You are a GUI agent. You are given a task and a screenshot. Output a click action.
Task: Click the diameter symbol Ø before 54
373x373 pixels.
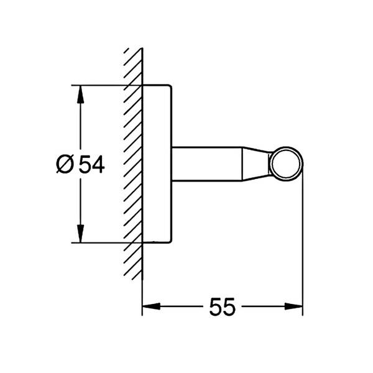point(65,164)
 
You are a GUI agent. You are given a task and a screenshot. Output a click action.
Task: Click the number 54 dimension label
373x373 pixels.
point(91,164)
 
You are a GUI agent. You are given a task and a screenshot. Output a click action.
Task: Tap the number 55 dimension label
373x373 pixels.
point(222,306)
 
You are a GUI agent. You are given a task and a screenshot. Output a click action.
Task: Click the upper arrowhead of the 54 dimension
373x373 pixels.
point(81,94)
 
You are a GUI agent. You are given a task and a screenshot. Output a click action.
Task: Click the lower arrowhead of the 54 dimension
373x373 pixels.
point(81,233)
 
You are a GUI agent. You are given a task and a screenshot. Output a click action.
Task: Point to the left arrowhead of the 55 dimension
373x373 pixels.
point(151,306)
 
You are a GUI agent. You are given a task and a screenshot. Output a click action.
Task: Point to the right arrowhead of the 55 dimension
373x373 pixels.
point(293,306)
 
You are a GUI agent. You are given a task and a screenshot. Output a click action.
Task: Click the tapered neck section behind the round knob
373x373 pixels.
point(256,164)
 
